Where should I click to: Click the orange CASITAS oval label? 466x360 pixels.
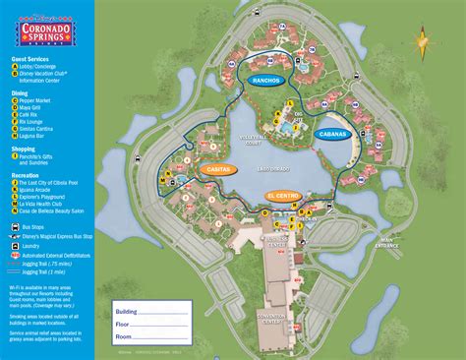[x=220, y=169]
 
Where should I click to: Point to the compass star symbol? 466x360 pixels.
[x=422, y=42]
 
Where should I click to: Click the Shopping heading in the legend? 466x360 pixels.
[x=23, y=149]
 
